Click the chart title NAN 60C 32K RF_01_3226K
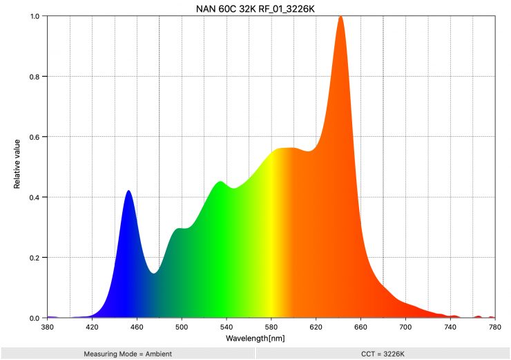pyautogui.click(x=255, y=8)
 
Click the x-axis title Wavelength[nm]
pyautogui.click(x=255, y=339)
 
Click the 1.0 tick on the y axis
pyautogui.click(x=35, y=16)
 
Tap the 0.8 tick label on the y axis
pyautogui.click(x=35, y=77)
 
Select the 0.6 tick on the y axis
pyautogui.click(x=35, y=137)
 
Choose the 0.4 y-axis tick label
pyautogui.click(x=35, y=198)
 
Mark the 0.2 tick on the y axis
pyautogui.click(x=35, y=258)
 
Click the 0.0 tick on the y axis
pyautogui.click(x=35, y=319)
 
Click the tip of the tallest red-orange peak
pyautogui.click(x=340, y=17)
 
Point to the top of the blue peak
pyautogui.click(x=128, y=191)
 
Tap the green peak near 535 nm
pyautogui.click(x=220, y=182)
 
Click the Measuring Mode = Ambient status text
pyautogui.click(x=128, y=354)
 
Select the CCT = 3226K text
pyautogui.click(x=383, y=354)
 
